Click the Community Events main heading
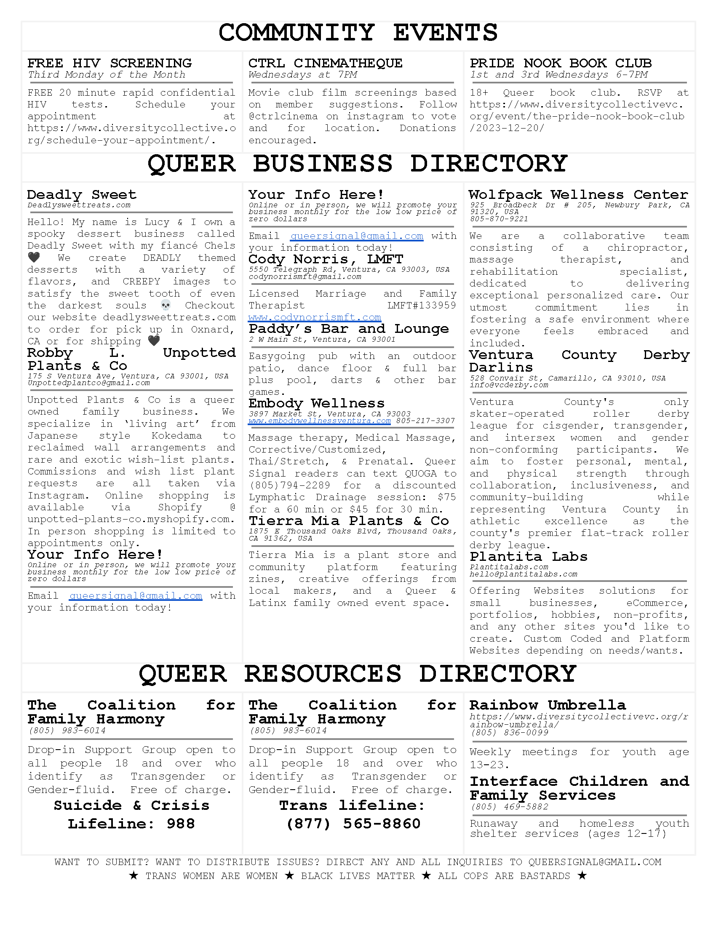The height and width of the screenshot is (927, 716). pos(358,33)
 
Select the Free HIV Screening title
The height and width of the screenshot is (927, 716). pos(110,63)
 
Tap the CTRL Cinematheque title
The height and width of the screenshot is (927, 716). pos(325,63)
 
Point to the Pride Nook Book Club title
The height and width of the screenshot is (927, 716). pos(560,63)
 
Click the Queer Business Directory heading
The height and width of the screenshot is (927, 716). pos(358,164)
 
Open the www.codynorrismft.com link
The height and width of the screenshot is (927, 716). pos(315,317)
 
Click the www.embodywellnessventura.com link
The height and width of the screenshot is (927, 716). pos(319,421)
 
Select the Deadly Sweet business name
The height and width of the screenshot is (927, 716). pos(82,195)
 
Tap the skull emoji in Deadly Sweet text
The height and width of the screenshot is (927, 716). pos(166,305)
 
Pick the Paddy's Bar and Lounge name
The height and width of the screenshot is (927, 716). pos(349,329)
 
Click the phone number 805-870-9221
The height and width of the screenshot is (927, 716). pos(499,219)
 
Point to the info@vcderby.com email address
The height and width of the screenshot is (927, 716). pos(509,385)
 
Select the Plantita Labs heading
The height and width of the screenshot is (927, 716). pos(529,557)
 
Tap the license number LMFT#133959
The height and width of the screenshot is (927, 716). pos(422,305)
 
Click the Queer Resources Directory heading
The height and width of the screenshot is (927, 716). pos(358,674)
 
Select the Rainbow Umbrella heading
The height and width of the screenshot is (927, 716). pos(548,705)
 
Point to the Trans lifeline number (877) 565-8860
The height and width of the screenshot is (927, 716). pos(353,823)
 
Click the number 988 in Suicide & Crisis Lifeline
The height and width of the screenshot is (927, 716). pos(181,823)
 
